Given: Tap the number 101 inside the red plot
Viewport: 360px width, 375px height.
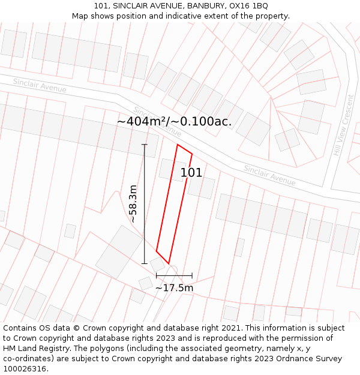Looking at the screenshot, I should (x=191, y=173).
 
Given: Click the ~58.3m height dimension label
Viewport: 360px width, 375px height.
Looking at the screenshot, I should (x=133, y=204).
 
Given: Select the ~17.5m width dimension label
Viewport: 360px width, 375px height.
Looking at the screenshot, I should (x=174, y=288).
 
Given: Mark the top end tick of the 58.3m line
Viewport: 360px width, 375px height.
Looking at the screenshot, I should (x=144, y=145).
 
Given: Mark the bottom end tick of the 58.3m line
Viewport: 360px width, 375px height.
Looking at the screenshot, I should (x=144, y=263).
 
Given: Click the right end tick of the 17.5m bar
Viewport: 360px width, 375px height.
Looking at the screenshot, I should (x=192, y=275).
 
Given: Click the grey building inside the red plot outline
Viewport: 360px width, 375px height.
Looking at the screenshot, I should (x=172, y=170).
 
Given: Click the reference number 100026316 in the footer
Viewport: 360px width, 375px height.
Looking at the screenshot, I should (x=23, y=369).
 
